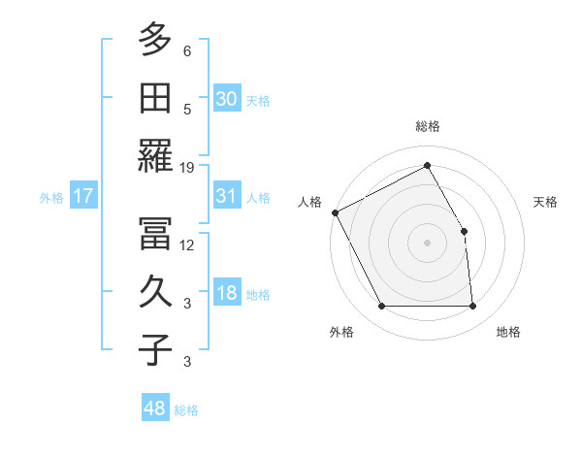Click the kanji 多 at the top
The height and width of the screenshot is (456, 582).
(x=155, y=41)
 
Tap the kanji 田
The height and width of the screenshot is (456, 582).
(x=155, y=99)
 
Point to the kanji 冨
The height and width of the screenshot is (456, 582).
(x=155, y=234)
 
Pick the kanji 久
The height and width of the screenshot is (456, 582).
(x=155, y=292)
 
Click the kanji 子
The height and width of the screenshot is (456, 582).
(x=155, y=350)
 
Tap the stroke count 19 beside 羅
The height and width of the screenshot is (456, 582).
(x=187, y=168)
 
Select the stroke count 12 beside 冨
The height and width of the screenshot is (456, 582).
(x=187, y=244)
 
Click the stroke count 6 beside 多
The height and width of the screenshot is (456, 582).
(x=187, y=50)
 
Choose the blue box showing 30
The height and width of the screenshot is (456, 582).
(x=227, y=99)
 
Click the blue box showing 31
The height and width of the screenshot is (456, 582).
(x=227, y=196)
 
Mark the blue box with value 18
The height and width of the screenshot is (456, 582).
(x=227, y=293)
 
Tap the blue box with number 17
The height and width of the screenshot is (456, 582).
(x=83, y=196)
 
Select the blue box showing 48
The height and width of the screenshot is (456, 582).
(x=154, y=408)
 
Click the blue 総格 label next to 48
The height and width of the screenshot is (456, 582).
(x=187, y=410)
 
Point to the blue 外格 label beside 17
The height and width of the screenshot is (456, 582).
(x=51, y=198)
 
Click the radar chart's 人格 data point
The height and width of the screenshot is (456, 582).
(x=335, y=212)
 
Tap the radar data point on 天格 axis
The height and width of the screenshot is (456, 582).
(x=464, y=231)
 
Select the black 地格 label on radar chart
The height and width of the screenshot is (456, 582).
(x=508, y=332)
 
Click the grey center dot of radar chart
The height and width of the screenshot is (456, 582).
(x=427, y=243)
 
